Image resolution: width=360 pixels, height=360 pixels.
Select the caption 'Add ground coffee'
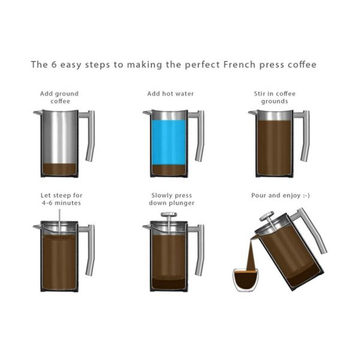point(59,97)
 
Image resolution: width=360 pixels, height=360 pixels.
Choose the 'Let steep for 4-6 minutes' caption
point(60,199)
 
